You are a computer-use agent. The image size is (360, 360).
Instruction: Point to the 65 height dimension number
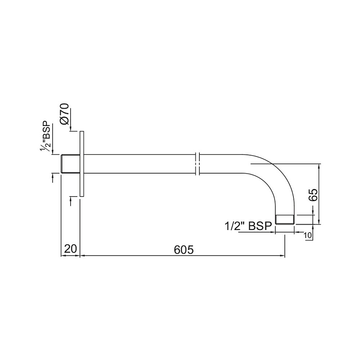pyautogui.click(x=314, y=194)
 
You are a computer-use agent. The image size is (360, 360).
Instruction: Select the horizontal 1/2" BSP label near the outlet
pyautogui.click(x=248, y=226)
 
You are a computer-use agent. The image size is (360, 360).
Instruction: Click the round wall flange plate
pyautogui.click(x=82, y=164)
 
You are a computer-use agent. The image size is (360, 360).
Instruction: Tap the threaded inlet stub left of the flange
pyautogui.click(x=70, y=164)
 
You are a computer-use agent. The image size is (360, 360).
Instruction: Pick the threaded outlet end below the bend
pyautogui.click(x=285, y=219)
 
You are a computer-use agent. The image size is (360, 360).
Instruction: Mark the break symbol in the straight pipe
pyautogui.click(x=198, y=164)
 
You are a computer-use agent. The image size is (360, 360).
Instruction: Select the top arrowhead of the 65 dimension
pyautogui.click(x=319, y=166)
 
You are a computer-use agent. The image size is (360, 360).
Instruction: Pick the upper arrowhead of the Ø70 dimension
pyautogui.click(x=71, y=129)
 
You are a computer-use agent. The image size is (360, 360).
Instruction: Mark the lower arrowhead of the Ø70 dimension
pyautogui.click(x=71, y=199)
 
